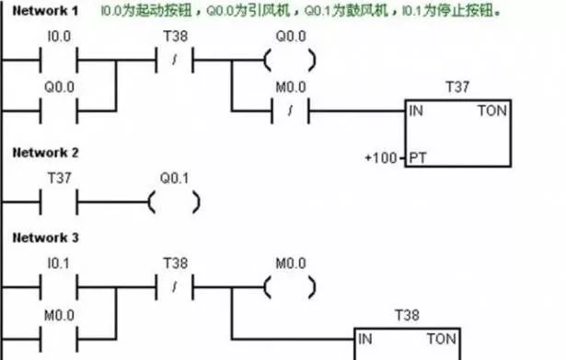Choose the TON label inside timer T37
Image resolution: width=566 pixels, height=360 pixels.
coord(489,111)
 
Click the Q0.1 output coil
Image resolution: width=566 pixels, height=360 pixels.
coord(173,200)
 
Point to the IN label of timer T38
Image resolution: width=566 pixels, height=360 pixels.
coord(367,338)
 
